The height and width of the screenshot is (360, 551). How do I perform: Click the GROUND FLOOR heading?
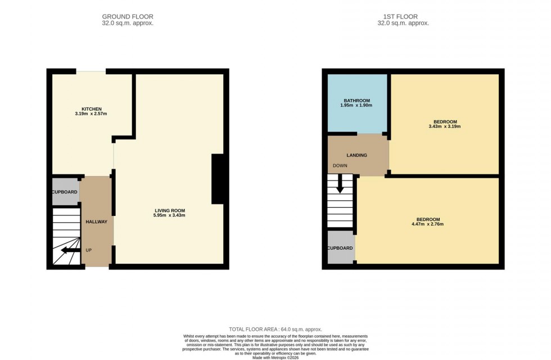(128, 17)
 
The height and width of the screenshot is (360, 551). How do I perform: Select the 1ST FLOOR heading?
(403, 17)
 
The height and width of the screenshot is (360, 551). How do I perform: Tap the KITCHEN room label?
(91, 109)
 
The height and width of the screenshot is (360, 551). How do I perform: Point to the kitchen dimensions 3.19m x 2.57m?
(91, 114)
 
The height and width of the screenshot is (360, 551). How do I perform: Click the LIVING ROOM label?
(170, 210)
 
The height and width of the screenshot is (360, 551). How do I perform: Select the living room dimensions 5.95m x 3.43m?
(170, 215)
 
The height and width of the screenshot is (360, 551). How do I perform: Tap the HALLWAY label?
(96, 222)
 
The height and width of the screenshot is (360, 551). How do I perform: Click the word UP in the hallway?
(89, 250)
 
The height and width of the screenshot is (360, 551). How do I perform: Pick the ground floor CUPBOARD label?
(65, 192)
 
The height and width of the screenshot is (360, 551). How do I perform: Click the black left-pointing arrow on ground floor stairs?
(70, 250)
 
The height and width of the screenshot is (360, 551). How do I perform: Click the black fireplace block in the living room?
(218, 179)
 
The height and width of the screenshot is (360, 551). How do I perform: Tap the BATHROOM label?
(357, 100)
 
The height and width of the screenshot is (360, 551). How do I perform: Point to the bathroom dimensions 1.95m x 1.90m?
(357, 106)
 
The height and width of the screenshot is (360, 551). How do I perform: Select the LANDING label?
(357, 155)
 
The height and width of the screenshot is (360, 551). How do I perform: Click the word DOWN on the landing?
(340, 166)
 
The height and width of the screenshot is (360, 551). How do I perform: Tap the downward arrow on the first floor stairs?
(340, 185)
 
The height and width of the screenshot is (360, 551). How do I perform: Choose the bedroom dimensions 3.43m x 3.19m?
(445, 127)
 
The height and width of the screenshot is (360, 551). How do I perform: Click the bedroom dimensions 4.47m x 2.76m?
(428, 224)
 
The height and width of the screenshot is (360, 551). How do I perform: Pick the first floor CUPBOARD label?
(340, 248)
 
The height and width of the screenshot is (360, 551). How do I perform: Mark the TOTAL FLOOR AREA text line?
(275, 329)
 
